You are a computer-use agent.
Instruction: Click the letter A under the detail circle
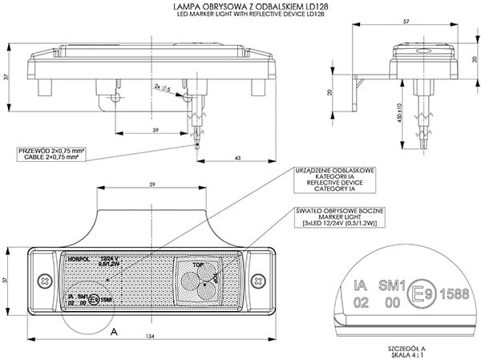pyautogui.click(x=115, y=330)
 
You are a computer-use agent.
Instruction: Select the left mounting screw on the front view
pyautogui.click(x=39, y=281)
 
